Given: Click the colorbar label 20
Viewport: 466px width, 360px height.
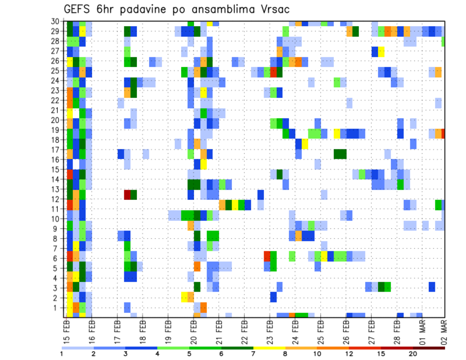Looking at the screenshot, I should pos(413,354).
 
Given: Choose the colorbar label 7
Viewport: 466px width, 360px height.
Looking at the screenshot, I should pos(253,354).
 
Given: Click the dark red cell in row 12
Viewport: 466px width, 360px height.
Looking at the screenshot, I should pos(128,195).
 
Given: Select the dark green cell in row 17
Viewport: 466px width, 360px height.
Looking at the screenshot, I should pos(340,154).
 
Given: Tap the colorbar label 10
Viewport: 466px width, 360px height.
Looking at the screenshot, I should pos(317,354).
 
